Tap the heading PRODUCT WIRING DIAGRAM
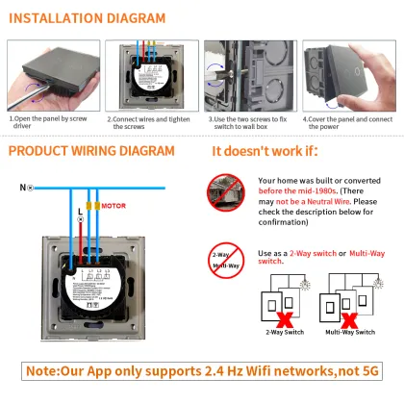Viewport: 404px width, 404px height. tap(91, 151)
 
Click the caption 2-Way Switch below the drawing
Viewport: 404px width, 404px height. tap(284, 332)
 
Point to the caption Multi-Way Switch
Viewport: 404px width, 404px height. tap(351, 332)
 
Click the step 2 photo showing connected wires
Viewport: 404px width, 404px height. tap(151, 76)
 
